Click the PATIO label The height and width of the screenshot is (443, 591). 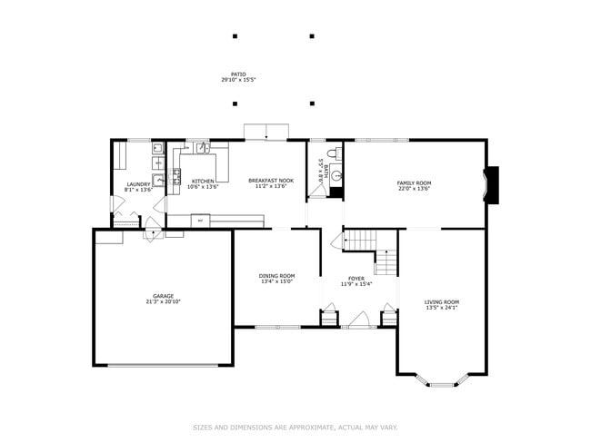[238, 74]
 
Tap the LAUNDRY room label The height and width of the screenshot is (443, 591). [138, 185]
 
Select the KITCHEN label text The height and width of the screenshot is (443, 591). [203, 181]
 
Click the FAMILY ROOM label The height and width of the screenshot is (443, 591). [414, 183]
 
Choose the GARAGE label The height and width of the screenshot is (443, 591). [164, 295]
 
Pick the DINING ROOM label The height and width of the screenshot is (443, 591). [277, 276]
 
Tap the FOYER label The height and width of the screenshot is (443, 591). [356, 278]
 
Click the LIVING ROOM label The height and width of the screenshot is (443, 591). [442, 301]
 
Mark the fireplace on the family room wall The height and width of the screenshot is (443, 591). [492, 185]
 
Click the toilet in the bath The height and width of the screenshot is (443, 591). [334, 153]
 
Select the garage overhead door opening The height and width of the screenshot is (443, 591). [164, 365]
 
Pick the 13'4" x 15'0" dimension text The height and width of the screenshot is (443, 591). [277, 281]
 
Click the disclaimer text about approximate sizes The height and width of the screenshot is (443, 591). [295, 427]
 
